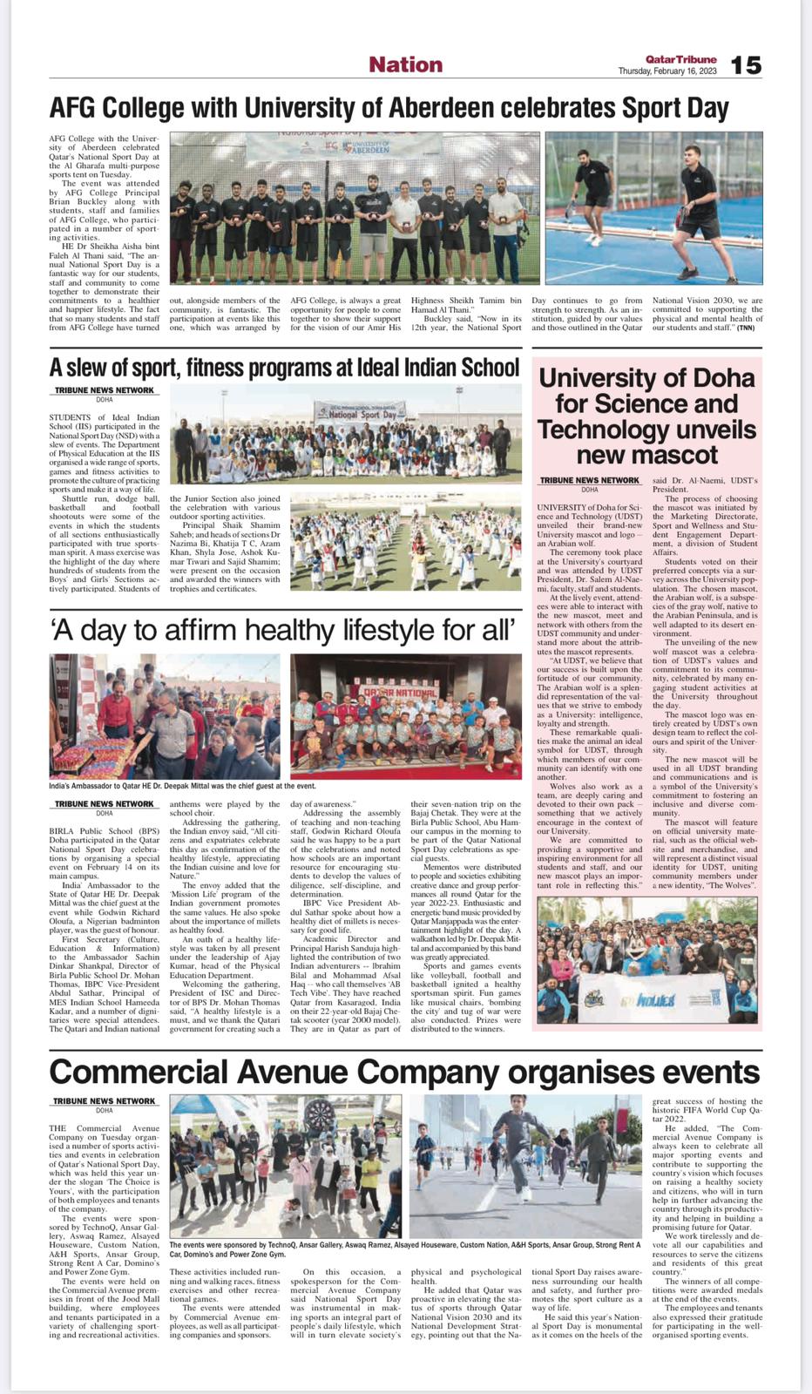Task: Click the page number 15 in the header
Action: [746, 64]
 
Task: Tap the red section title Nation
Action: [405, 64]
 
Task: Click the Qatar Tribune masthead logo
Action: [681, 58]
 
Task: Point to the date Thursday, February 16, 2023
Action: [667, 71]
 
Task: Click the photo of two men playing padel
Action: [653, 207]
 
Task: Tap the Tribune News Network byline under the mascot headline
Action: [589, 480]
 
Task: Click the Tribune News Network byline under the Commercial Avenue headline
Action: [104, 1101]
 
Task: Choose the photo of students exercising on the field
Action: [405, 542]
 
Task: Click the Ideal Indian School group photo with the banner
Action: [346, 433]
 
